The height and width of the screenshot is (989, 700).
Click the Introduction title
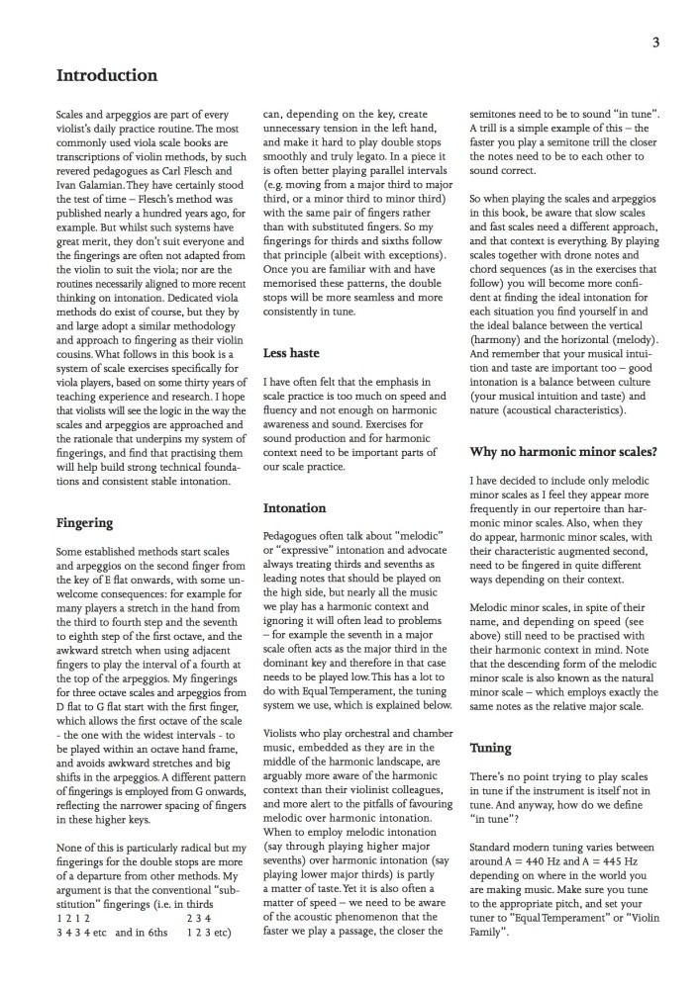tap(107, 75)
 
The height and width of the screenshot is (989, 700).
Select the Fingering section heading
tap(84, 522)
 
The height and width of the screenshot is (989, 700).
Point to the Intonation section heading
tap(294, 507)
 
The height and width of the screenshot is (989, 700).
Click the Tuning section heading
tap(490, 749)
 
